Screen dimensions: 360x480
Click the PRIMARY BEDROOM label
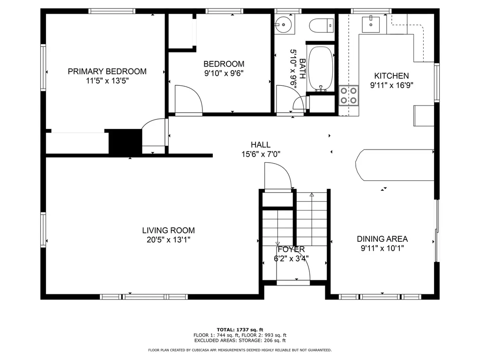click(107, 71)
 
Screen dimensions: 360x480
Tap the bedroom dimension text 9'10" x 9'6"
click(224, 73)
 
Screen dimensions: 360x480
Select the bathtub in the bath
click(321, 68)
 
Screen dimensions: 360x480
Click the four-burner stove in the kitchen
click(349, 95)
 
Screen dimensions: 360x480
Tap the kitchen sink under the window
click(373, 22)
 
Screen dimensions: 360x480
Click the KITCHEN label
click(391, 75)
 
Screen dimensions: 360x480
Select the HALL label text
click(260, 145)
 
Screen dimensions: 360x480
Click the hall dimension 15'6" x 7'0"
click(260, 154)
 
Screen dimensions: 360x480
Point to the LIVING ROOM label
click(168, 230)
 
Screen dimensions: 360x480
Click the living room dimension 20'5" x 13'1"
click(168, 240)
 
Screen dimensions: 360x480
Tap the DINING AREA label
click(382, 239)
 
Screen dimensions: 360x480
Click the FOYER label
click(291, 249)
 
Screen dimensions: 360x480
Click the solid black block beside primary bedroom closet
click(125, 142)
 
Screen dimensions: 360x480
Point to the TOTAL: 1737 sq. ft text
click(240, 329)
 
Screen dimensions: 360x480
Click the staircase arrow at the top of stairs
click(312, 194)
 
